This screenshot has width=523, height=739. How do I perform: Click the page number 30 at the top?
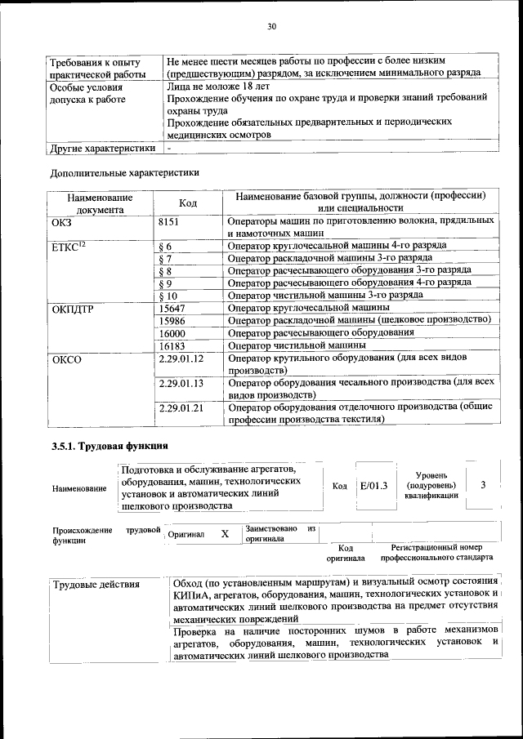point(271,27)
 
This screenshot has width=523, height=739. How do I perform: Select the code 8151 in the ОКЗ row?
point(168,221)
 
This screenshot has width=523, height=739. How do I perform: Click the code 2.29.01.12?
point(181,358)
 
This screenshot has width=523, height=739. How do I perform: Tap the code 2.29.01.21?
point(181,407)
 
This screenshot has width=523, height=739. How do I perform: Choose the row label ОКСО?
point(66,358)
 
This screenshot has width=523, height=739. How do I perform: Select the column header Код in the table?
point(188,203)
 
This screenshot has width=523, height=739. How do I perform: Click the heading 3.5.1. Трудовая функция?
point(110,445)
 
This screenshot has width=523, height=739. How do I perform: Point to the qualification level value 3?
point(484,485)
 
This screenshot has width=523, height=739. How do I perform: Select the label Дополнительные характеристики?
point(124,172)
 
